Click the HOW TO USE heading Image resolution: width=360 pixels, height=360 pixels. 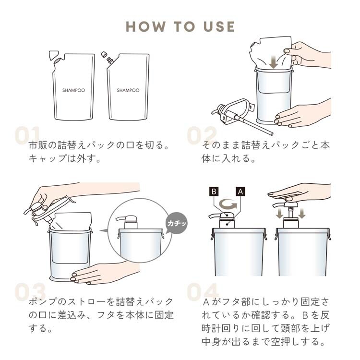(180, 26)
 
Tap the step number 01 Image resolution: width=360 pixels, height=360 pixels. (27, 135)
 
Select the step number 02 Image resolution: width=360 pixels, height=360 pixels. (202, 135)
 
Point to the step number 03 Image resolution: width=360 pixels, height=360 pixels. (30, 292)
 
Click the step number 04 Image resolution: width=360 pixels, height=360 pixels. (202, 292)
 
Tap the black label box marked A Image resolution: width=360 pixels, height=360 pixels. (240, 191)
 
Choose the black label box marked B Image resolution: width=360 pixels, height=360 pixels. (214, 191)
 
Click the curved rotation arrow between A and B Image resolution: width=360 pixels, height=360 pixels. (228, 204)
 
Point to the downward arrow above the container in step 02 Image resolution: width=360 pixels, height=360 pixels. (273, 62)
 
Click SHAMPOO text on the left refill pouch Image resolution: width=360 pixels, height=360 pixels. (73, 90)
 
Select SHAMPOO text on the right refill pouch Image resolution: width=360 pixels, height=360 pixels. (128, 90)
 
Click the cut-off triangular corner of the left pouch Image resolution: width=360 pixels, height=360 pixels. (53, 55)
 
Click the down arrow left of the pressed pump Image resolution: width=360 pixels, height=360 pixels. (279, 213)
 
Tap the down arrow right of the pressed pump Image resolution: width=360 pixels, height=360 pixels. (302, 213)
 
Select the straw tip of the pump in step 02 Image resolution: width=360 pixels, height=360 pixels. (272, 133)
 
